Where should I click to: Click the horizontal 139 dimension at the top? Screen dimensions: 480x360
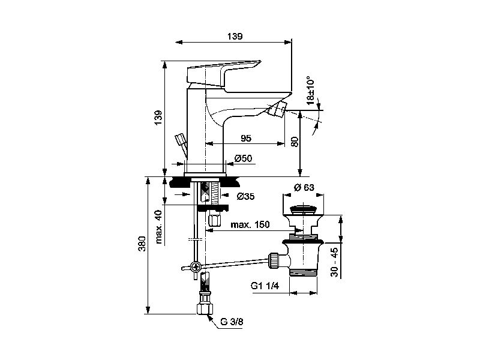coord(235,37)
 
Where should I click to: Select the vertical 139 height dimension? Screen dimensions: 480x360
coord(158,117)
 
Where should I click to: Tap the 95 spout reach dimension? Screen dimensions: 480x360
coord(246,139)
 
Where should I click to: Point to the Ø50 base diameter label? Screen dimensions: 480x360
coord(244,158)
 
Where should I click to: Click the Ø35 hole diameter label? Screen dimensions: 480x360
coord(245,196)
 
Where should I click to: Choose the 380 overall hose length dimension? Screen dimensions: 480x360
coord(142,244)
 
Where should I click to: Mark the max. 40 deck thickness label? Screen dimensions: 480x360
coord(158,227)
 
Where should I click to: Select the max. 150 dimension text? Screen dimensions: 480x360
coord(250,224)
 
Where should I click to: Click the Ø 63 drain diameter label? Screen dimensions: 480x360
coord(304,187)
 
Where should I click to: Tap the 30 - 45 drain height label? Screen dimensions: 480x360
coord(335,262)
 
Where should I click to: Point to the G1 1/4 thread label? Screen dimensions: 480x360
coord(265,286)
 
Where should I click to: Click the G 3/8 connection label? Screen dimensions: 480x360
coord(232,322)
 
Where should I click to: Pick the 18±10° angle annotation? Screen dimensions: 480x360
coord(310,91)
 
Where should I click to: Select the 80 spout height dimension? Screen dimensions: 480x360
coord(295,142)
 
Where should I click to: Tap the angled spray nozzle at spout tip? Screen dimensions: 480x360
coord(278,110)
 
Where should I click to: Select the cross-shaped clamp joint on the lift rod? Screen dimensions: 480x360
coord(195,267)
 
